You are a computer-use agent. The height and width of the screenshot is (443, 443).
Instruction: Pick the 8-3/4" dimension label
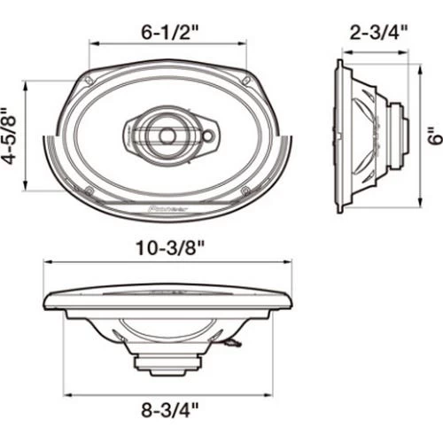tap(169, 410)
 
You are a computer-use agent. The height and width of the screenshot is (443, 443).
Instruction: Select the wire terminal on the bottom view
tap(233, 342)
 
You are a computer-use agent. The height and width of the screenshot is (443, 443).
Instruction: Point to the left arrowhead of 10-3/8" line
tap(47, 263)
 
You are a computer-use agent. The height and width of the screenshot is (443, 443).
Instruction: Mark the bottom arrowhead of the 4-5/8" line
tap(33, 189)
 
